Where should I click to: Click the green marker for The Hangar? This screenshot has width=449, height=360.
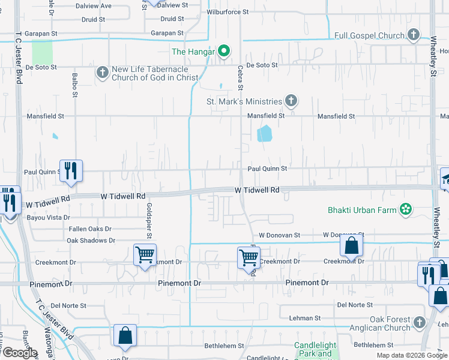224,51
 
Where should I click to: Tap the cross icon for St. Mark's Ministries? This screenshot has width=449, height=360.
291,101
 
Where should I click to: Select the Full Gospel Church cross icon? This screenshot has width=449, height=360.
413,35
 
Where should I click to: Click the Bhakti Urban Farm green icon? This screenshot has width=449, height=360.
406,209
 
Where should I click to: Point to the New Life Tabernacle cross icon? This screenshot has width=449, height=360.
102,73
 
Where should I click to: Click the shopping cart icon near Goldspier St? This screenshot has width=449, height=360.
145,255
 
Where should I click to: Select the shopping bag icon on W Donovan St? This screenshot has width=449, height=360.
351,245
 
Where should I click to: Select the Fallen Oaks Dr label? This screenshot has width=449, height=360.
89,229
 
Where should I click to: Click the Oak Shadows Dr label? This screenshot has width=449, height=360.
91,240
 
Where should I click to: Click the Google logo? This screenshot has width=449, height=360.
20,352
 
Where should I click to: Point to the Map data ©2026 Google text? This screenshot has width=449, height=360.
411,355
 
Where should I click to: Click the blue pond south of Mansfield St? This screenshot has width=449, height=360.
264,133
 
